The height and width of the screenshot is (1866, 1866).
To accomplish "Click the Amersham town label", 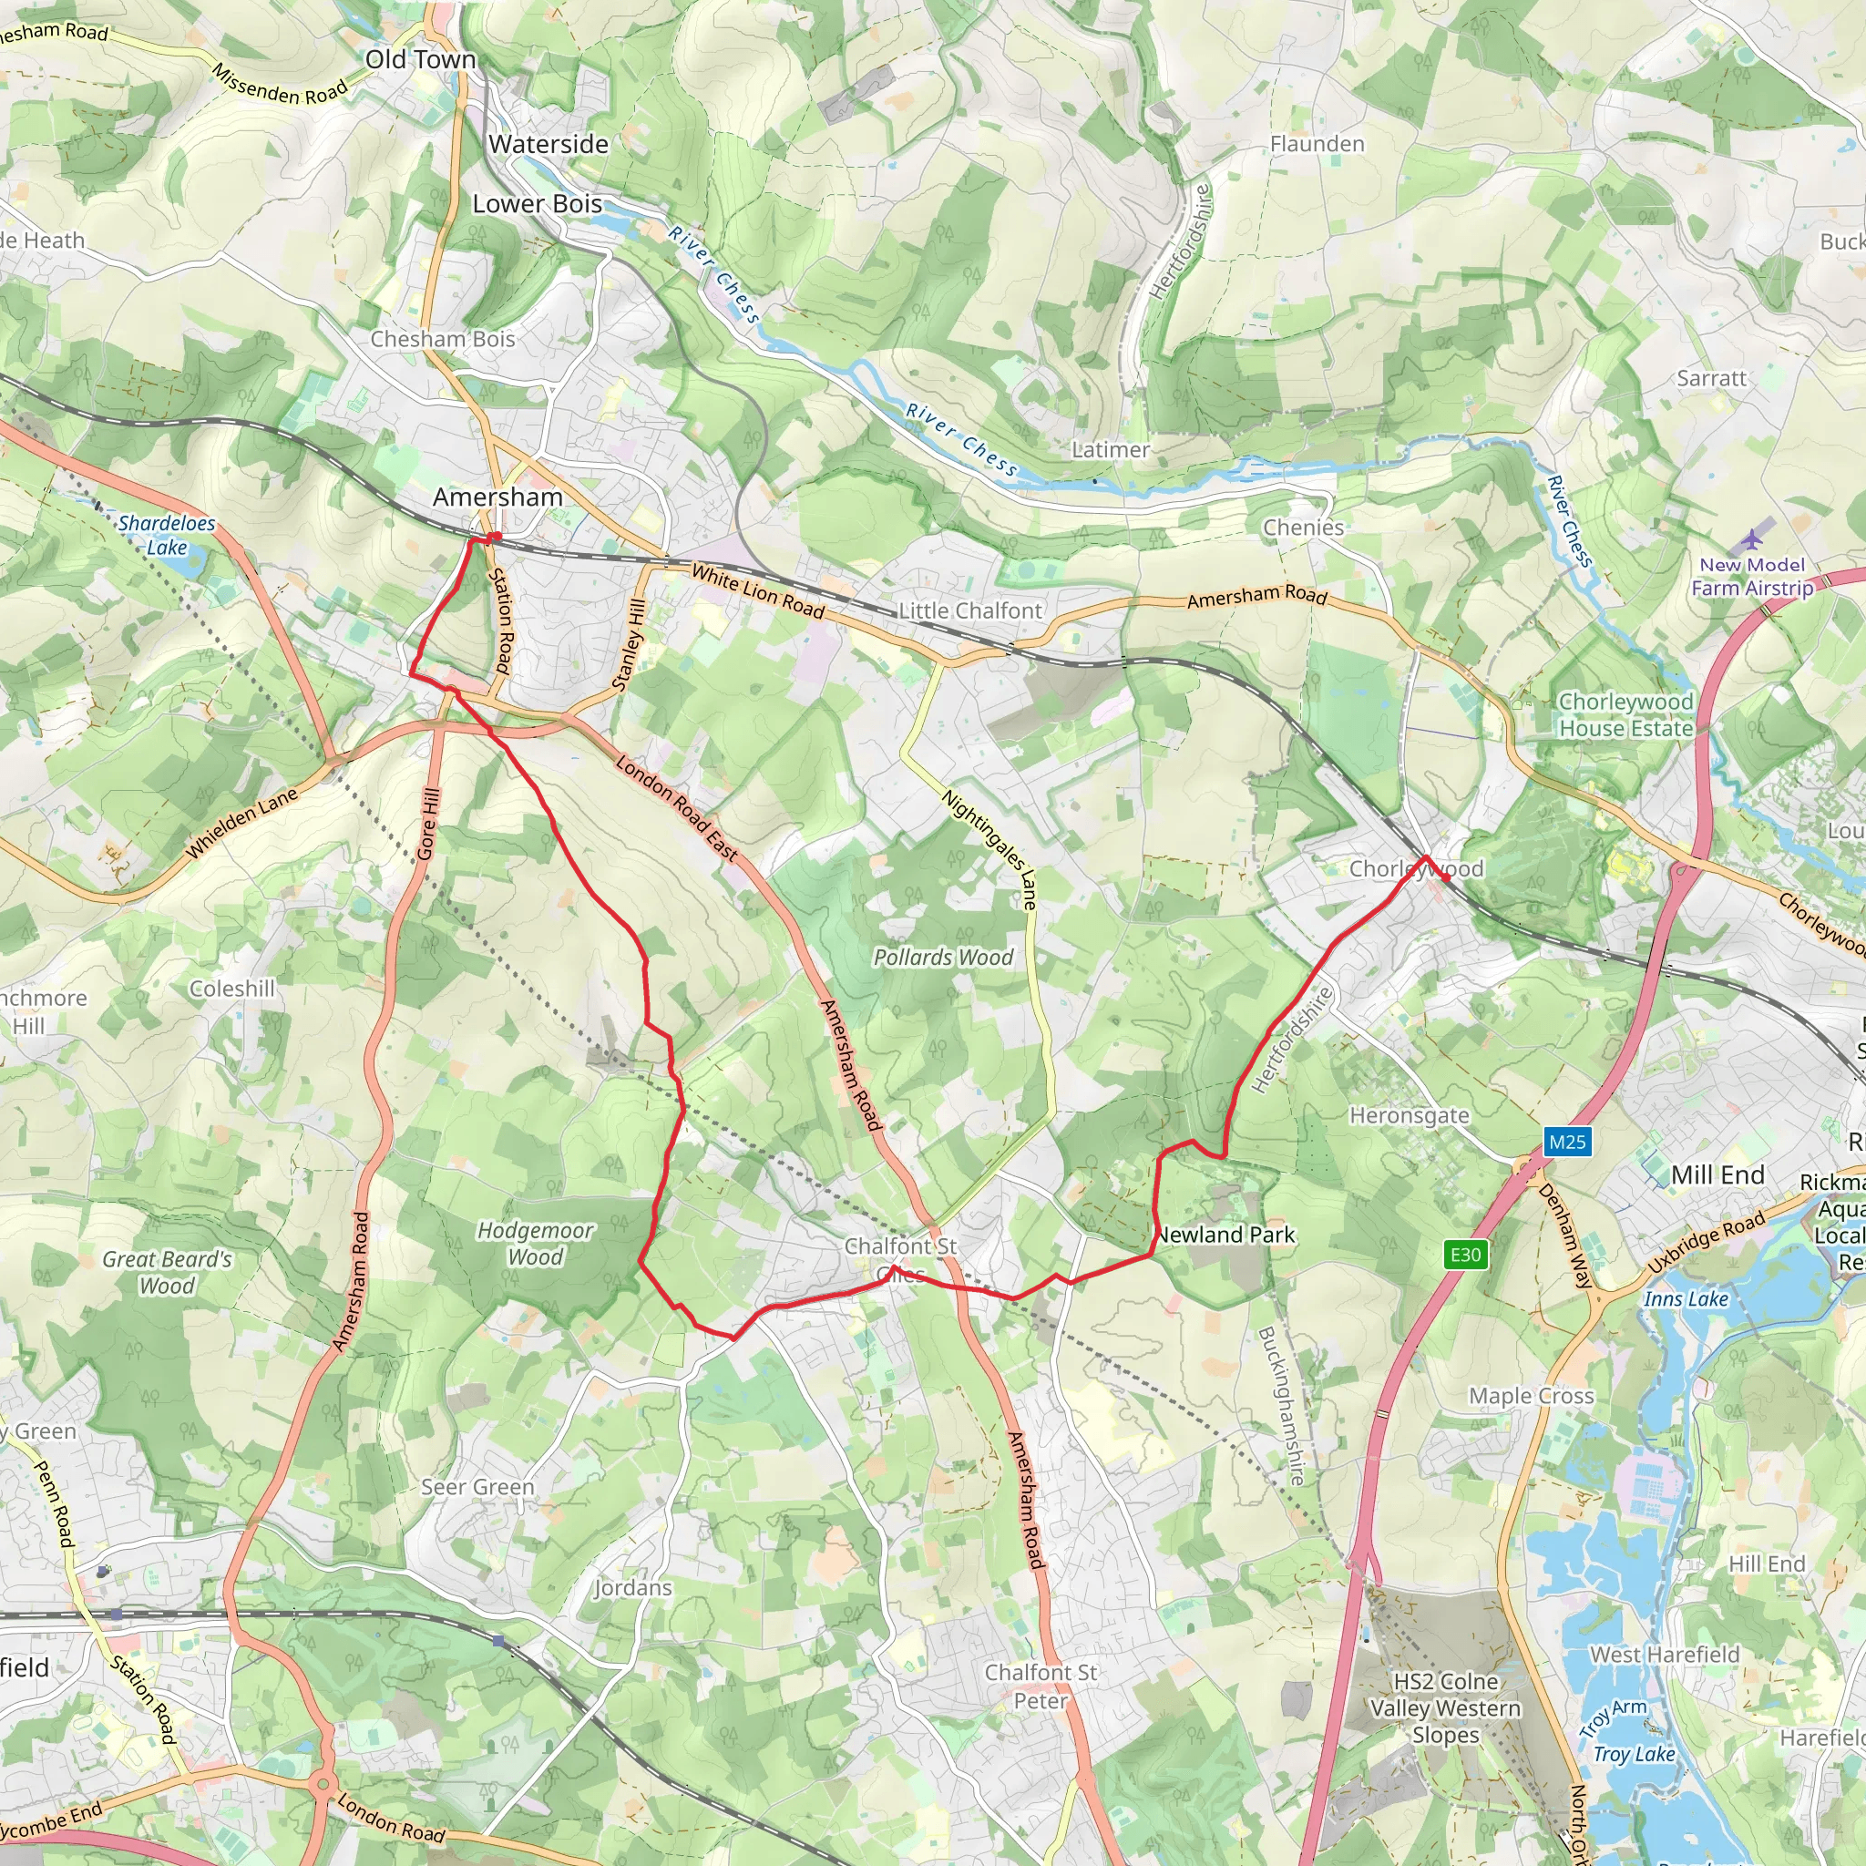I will (x=497, y=497).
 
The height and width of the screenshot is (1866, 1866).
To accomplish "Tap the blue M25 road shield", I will (x=1566, y=1143).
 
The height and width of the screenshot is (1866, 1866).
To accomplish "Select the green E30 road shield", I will (x=1465, y=1255).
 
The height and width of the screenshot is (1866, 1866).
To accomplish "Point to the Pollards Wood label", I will (x=943, y=958).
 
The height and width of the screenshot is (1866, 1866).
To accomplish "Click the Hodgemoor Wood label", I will (x=535, y=1243).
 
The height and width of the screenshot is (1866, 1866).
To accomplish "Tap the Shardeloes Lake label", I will (x=166, y=535).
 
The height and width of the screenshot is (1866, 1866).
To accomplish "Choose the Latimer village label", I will (x=1111, y=449).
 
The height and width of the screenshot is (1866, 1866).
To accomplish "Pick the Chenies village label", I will (x=1303, y=528).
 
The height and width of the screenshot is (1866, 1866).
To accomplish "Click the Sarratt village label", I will (x=1711, y=379).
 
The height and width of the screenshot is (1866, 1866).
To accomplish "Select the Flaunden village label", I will (x=1317, y=144).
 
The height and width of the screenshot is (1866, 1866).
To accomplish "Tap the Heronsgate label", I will (x=1410, y=1115).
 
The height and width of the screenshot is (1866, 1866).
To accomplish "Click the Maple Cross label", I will (x=1531, y=1396).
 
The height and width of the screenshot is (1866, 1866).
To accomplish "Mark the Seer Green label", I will (x=477, y=1486).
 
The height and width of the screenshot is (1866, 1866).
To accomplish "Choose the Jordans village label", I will (x=632, y=1587).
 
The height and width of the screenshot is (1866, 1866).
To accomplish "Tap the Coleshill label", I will (x=231, y=988).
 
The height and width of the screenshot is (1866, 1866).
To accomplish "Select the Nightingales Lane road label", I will (x=990, y=850).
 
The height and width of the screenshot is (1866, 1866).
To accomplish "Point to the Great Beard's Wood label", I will (x=167, y=1272).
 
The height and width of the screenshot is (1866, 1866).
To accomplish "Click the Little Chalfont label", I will (x=969, y=610).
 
